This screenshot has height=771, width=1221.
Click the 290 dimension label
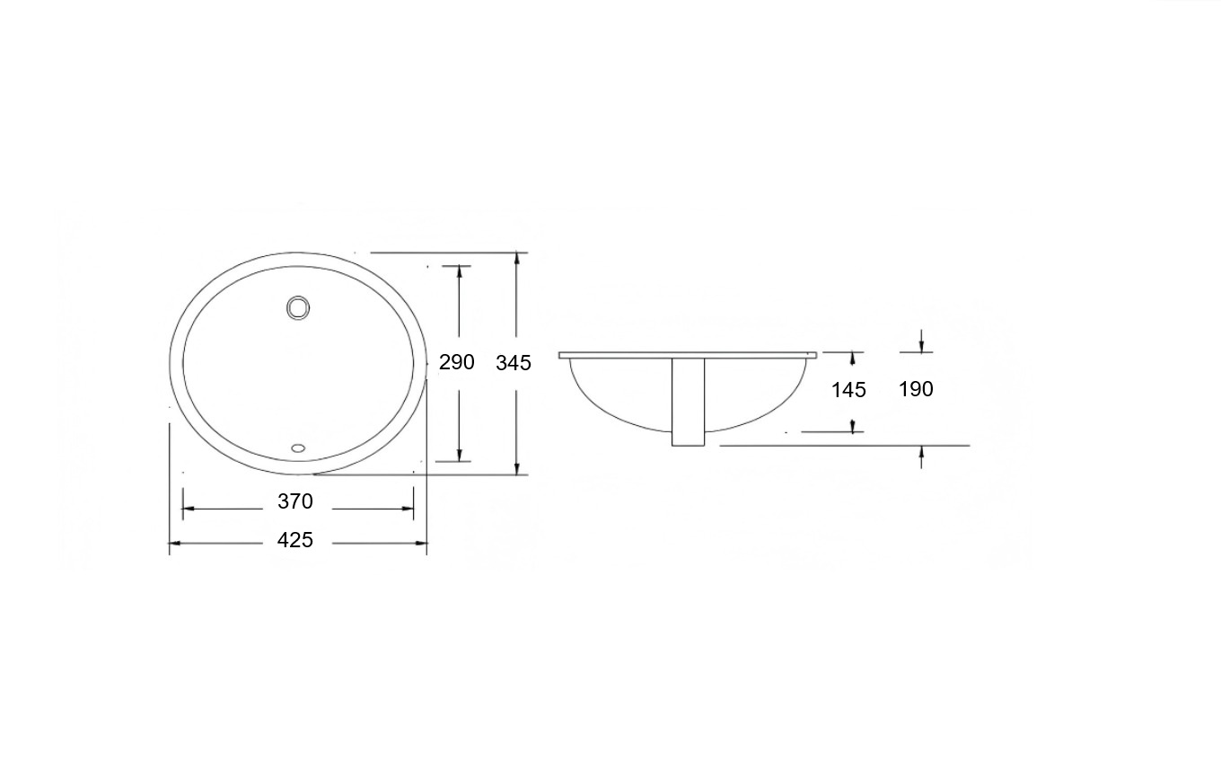point(457,362)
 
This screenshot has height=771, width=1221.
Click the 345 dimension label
point(514,363)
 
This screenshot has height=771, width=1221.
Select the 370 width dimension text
point(295,501)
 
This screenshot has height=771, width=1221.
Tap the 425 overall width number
point(295,540)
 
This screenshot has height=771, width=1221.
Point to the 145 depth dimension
point(848,390)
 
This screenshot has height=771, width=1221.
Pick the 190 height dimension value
point(917,389)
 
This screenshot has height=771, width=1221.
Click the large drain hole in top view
point(298,307)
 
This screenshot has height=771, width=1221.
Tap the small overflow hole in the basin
point(298,448)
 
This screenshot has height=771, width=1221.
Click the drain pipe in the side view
point(689,403)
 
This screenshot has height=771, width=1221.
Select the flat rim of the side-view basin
point(688,355)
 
